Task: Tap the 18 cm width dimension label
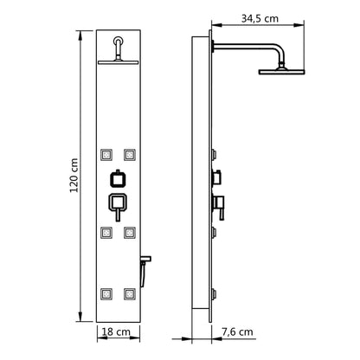119,331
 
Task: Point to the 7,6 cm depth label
238,331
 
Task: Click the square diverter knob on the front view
119,180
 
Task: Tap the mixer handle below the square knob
119,204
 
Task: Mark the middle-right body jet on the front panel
130,232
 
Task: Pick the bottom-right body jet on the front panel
130,292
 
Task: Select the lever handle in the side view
221,206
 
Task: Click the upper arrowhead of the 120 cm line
85,36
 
